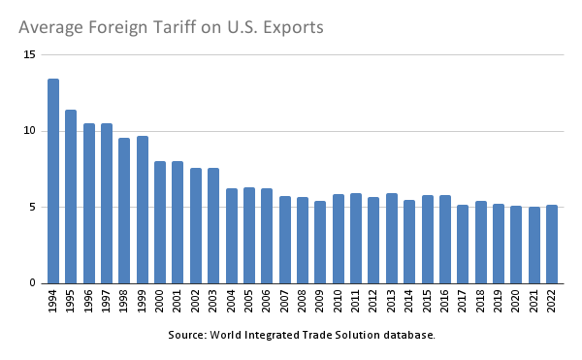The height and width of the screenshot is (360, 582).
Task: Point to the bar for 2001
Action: click(x=178, y=222)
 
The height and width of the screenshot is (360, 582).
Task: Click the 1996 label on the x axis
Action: click(x=89, y=303)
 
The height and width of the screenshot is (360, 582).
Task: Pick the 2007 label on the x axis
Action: click(x=285, y=303)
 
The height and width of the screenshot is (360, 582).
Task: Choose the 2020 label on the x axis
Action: click(x=516, y=303)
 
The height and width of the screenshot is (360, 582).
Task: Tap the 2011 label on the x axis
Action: click(x=356, y=303)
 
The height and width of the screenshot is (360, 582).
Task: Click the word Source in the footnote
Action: click(x=185, y=335)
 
